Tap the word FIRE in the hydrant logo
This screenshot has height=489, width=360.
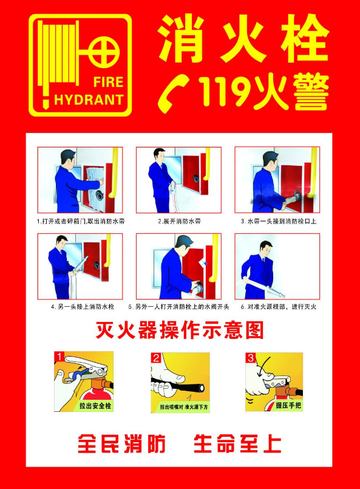click(108, 83)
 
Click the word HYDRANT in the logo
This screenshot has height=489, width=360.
click(89, 100)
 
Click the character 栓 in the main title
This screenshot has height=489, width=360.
click(305, 38)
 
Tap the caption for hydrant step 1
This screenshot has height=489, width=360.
click(81, 222)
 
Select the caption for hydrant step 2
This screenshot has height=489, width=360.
click(179, 222)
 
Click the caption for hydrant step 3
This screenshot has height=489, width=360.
click(278, 222)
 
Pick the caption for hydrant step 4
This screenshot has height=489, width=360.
click(83, 307)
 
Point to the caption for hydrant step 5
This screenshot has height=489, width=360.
click(178, 307)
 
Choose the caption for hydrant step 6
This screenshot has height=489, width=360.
click(278, 307)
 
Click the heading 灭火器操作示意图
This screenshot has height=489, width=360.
click(180, 330)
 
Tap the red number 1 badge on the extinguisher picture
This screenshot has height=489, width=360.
click(59, 357)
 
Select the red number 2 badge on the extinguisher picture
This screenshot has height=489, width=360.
click(156, 358)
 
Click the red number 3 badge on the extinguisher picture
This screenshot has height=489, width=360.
click(251, 358)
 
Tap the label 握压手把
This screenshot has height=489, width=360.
click(288, 405)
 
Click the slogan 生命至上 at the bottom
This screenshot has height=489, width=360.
click(237, 444)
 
